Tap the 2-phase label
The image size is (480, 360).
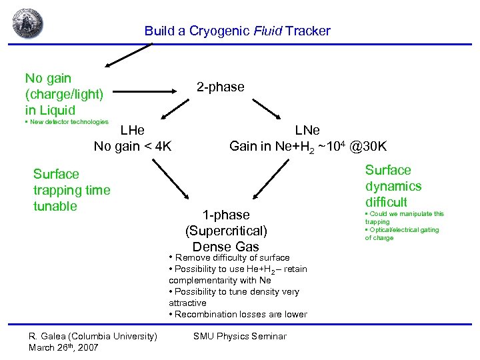(x=220, y=87)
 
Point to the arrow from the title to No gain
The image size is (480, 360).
(x=130, y=55)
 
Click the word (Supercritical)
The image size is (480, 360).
(x=226, y=231)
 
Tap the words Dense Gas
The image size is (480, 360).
(x=226, y=247)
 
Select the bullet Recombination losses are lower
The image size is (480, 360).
(x=238, y=314)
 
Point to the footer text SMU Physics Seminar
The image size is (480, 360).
(x=239, y=336)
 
